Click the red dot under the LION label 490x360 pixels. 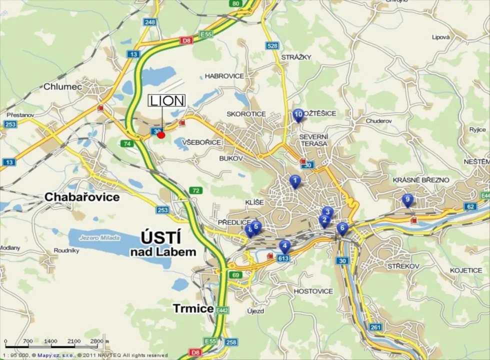[x=161, y=134]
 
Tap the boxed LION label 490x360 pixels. [x=167, y=100]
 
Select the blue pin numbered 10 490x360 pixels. [x=298, y=115]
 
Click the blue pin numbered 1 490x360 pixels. [x=295, y=180]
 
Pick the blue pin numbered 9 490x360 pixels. [x=407, y=200]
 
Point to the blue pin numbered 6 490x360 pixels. [x=342, y=228]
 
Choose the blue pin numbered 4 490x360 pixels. [x=284, y=245]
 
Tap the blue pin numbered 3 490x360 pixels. [x=327, y=212]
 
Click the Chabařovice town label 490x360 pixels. [x=82, y=197]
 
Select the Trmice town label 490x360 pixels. [x=193, y=308]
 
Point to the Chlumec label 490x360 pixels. [x=62, y=86]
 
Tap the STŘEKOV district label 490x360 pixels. [x=403, y=266]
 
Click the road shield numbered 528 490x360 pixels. [x=272, y=46]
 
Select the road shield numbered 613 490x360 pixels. [x=283, y=258]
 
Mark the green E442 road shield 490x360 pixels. [x=222, y=310]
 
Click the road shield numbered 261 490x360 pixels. [x=376, y=327]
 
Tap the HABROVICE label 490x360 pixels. [x=224, y=76]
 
